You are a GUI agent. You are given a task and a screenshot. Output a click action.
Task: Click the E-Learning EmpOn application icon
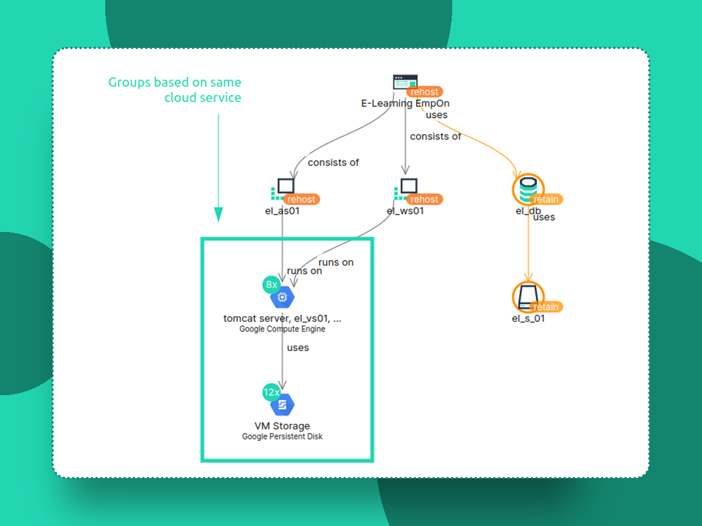[405, 82]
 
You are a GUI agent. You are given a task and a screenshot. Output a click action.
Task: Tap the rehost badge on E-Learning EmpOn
[424, 92]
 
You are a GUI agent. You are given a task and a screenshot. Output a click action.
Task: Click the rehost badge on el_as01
[301, 199]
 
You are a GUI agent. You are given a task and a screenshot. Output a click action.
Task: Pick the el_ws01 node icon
[408, 186]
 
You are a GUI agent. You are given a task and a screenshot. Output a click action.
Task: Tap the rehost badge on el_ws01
[424, 199]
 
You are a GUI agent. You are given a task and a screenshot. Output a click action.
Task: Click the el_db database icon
[527, 189]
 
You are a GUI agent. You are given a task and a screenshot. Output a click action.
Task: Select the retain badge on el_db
[546, 199]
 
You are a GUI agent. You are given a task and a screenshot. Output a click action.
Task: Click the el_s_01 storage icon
[527, 296]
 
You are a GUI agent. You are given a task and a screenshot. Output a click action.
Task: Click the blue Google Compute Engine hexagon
[282, 297]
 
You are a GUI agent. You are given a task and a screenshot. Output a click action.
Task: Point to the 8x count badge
[271, 285]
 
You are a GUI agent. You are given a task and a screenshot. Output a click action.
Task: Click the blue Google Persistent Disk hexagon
[282, 404]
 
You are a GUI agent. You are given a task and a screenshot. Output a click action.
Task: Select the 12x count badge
[271, 392]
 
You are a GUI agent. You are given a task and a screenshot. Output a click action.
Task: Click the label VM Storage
[282, 426]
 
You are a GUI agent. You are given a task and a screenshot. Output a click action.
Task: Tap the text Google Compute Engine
[282, 329]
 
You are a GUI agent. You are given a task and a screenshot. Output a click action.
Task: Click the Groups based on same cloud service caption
[175, 90]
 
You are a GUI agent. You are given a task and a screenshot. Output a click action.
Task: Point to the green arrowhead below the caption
[218, 214]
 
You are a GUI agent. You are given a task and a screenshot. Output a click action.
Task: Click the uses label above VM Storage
[298, 348]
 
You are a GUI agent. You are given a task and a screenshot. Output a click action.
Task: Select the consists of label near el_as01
[333, 162]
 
